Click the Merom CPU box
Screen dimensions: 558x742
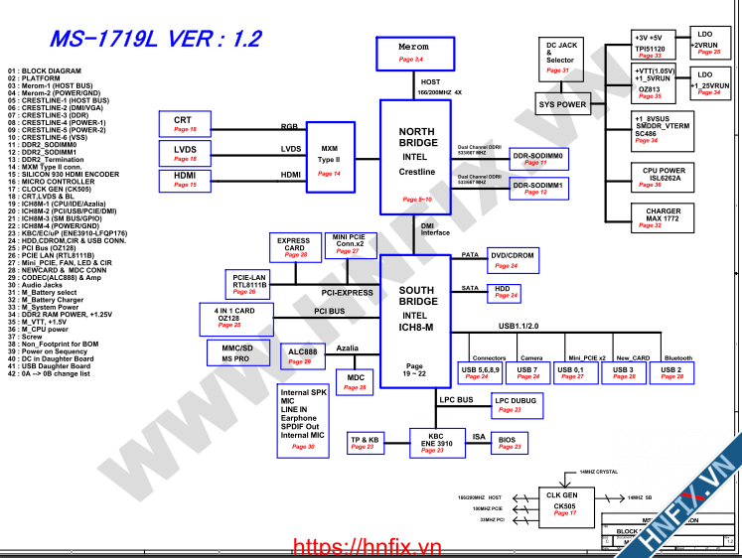413,54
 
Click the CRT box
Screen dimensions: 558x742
185,124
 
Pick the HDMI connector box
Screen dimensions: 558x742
185,180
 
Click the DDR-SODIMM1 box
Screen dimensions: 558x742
536,187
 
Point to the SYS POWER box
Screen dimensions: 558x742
562,104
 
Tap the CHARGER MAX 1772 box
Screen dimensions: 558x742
663,217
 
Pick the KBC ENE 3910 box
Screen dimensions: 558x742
435,443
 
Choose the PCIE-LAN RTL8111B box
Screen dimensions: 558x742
250,282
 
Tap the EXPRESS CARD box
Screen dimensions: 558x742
294,248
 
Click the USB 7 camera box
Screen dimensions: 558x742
528,372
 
